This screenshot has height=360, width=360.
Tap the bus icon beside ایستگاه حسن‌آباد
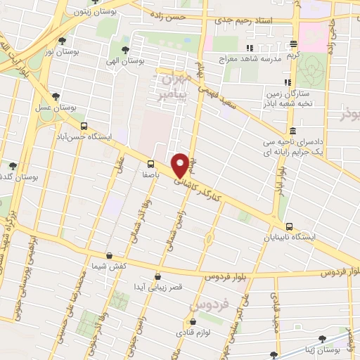(84, 127)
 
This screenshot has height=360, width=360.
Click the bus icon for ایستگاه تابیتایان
(290, 226)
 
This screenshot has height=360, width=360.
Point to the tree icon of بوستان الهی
(125, 50)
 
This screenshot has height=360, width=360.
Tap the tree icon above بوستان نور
(63, 41)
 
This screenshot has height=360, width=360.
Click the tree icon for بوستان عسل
(56, 97)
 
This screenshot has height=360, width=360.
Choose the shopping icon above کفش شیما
(108, 257)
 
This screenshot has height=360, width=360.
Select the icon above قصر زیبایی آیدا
(157, 277)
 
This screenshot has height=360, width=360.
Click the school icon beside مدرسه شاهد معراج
(247, 48)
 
